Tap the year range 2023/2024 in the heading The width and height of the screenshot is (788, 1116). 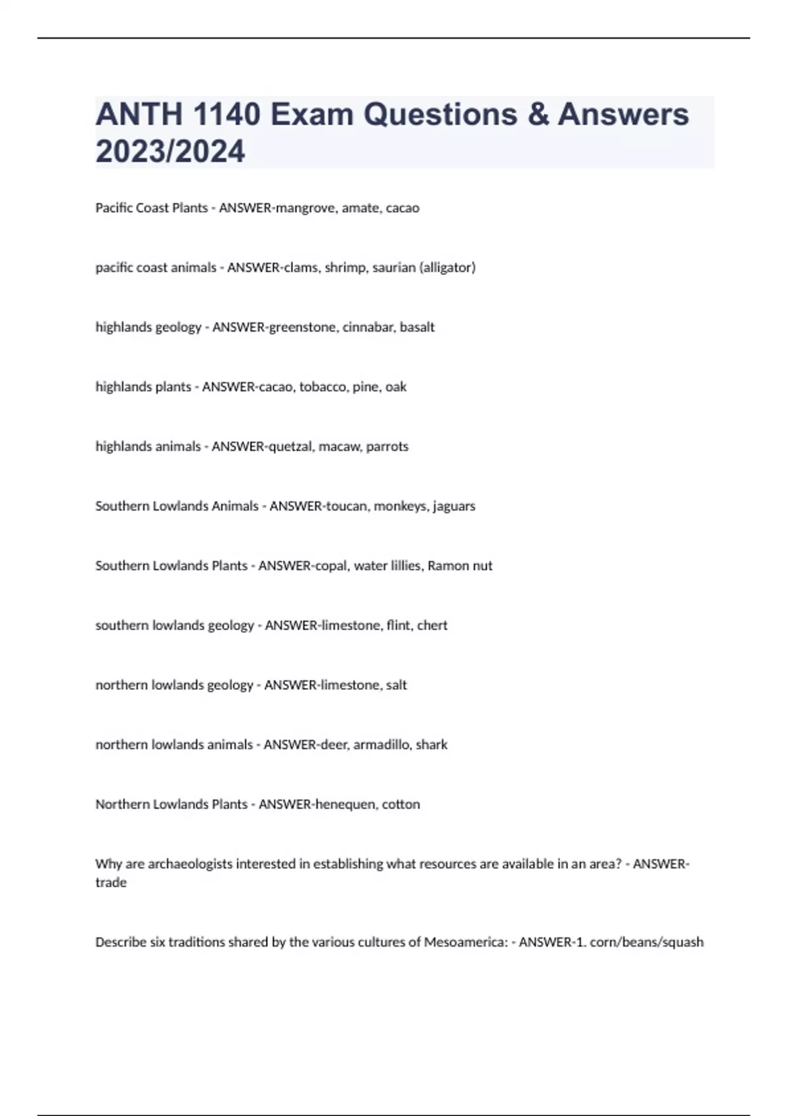(x=170, y=152)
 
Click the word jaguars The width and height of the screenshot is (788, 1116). (x=454, y=506)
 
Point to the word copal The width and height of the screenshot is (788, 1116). (x=330, y=566)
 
